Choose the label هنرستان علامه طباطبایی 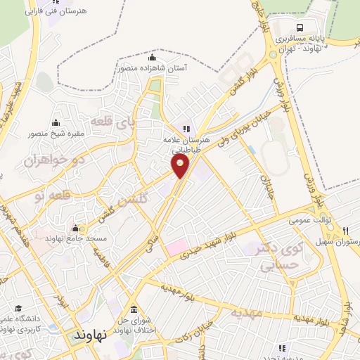[x=186, y=144]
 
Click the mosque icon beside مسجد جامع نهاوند [x=75, y=228]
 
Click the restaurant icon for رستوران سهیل [x=346, y=231]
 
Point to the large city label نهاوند [x=89, y=336]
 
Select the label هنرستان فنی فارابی [x=53, y=12]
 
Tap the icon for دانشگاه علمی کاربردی [x=18, y=308]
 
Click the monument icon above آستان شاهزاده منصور [x=153, y=58]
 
